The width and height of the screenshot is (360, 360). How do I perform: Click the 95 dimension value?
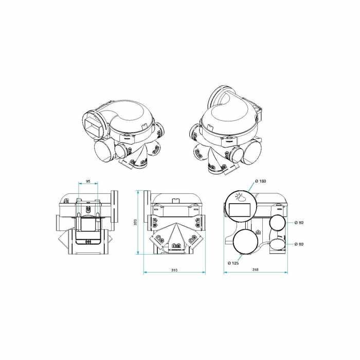88,181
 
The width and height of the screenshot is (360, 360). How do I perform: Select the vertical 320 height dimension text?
135,222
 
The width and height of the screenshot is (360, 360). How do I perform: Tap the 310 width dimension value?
174,270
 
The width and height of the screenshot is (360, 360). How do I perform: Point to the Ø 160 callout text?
261,181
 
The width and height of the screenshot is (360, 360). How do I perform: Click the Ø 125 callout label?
233,263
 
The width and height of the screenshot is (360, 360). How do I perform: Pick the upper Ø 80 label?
299,223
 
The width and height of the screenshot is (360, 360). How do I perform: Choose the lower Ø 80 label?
299,244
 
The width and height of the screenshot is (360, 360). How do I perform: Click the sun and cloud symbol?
240,197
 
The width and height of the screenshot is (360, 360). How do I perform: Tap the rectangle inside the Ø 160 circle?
240,210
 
